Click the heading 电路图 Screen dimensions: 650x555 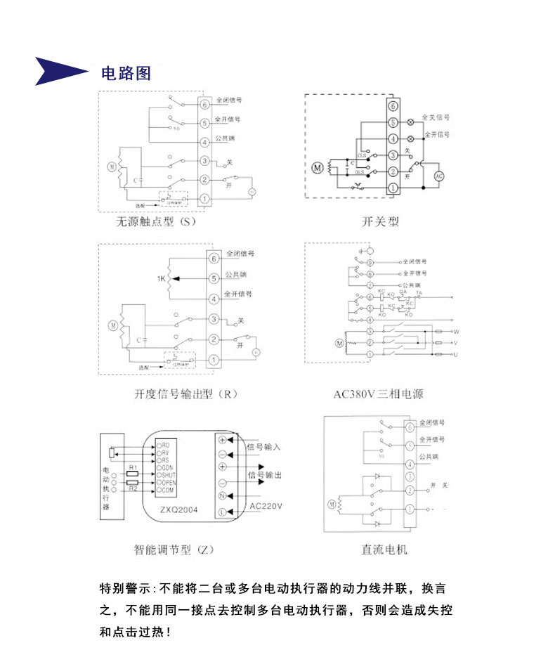(126, 73)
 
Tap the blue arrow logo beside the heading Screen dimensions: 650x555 (62, 71)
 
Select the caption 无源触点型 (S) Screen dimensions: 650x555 (156, 222)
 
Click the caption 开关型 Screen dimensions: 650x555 (380, 222)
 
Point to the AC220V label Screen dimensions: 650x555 (266, 507)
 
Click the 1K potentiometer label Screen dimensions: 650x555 (162, 279)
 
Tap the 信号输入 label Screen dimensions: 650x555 (264, 446)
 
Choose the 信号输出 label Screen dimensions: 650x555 (266, 476)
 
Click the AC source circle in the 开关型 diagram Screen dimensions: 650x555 (440, 176)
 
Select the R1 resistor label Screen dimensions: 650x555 (132, 467)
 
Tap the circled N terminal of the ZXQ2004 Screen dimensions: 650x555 (223, 496)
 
